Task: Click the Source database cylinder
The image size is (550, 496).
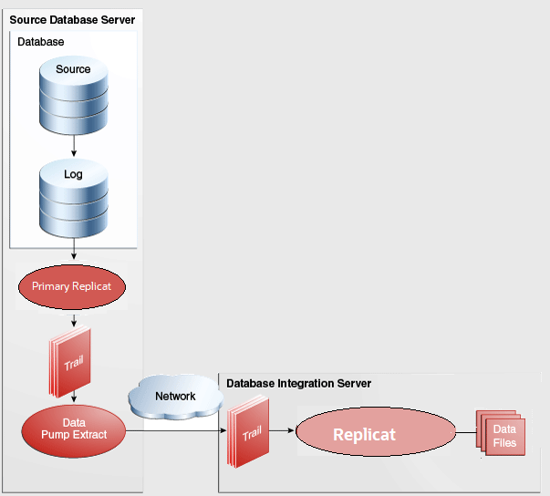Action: (73, 91)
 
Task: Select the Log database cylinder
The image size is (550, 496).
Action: (73, 196)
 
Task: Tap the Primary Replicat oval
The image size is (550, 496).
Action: (72, 286)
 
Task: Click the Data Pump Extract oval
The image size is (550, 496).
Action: (72, 429)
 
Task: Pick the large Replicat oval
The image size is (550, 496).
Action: (364, 434)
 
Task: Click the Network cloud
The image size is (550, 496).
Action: (174, 397)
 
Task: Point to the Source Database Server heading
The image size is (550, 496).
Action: (72, 20)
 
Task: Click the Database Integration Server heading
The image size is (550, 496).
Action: (298, 383)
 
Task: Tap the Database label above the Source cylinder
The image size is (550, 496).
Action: (41, 42)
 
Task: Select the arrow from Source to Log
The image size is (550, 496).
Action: (73, 142)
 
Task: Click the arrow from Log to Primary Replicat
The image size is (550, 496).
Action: (73, 254)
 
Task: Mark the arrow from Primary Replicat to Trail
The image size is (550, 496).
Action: (73, 321)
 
